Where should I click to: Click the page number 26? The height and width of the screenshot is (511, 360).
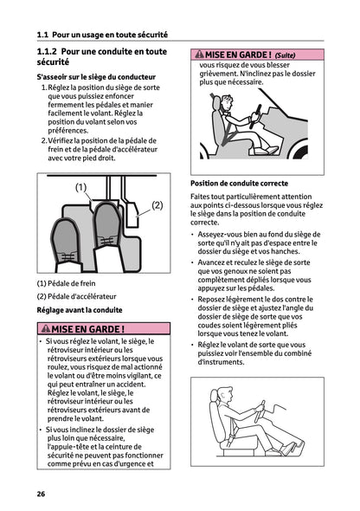(x=41, y=494)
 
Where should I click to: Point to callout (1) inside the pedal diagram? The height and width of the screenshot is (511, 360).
(x=80, y=187)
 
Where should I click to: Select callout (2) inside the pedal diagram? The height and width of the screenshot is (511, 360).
(x=157, y=205)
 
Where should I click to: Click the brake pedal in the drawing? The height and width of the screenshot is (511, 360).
(x=68, y=247)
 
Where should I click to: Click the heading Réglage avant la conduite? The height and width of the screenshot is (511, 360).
(x=79, y=309)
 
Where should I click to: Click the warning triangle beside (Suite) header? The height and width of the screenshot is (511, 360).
(x=198, y=54)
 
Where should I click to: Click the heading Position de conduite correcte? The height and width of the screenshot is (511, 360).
(x=239, y=183)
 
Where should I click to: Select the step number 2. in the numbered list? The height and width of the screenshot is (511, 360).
(x=44, y=139)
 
